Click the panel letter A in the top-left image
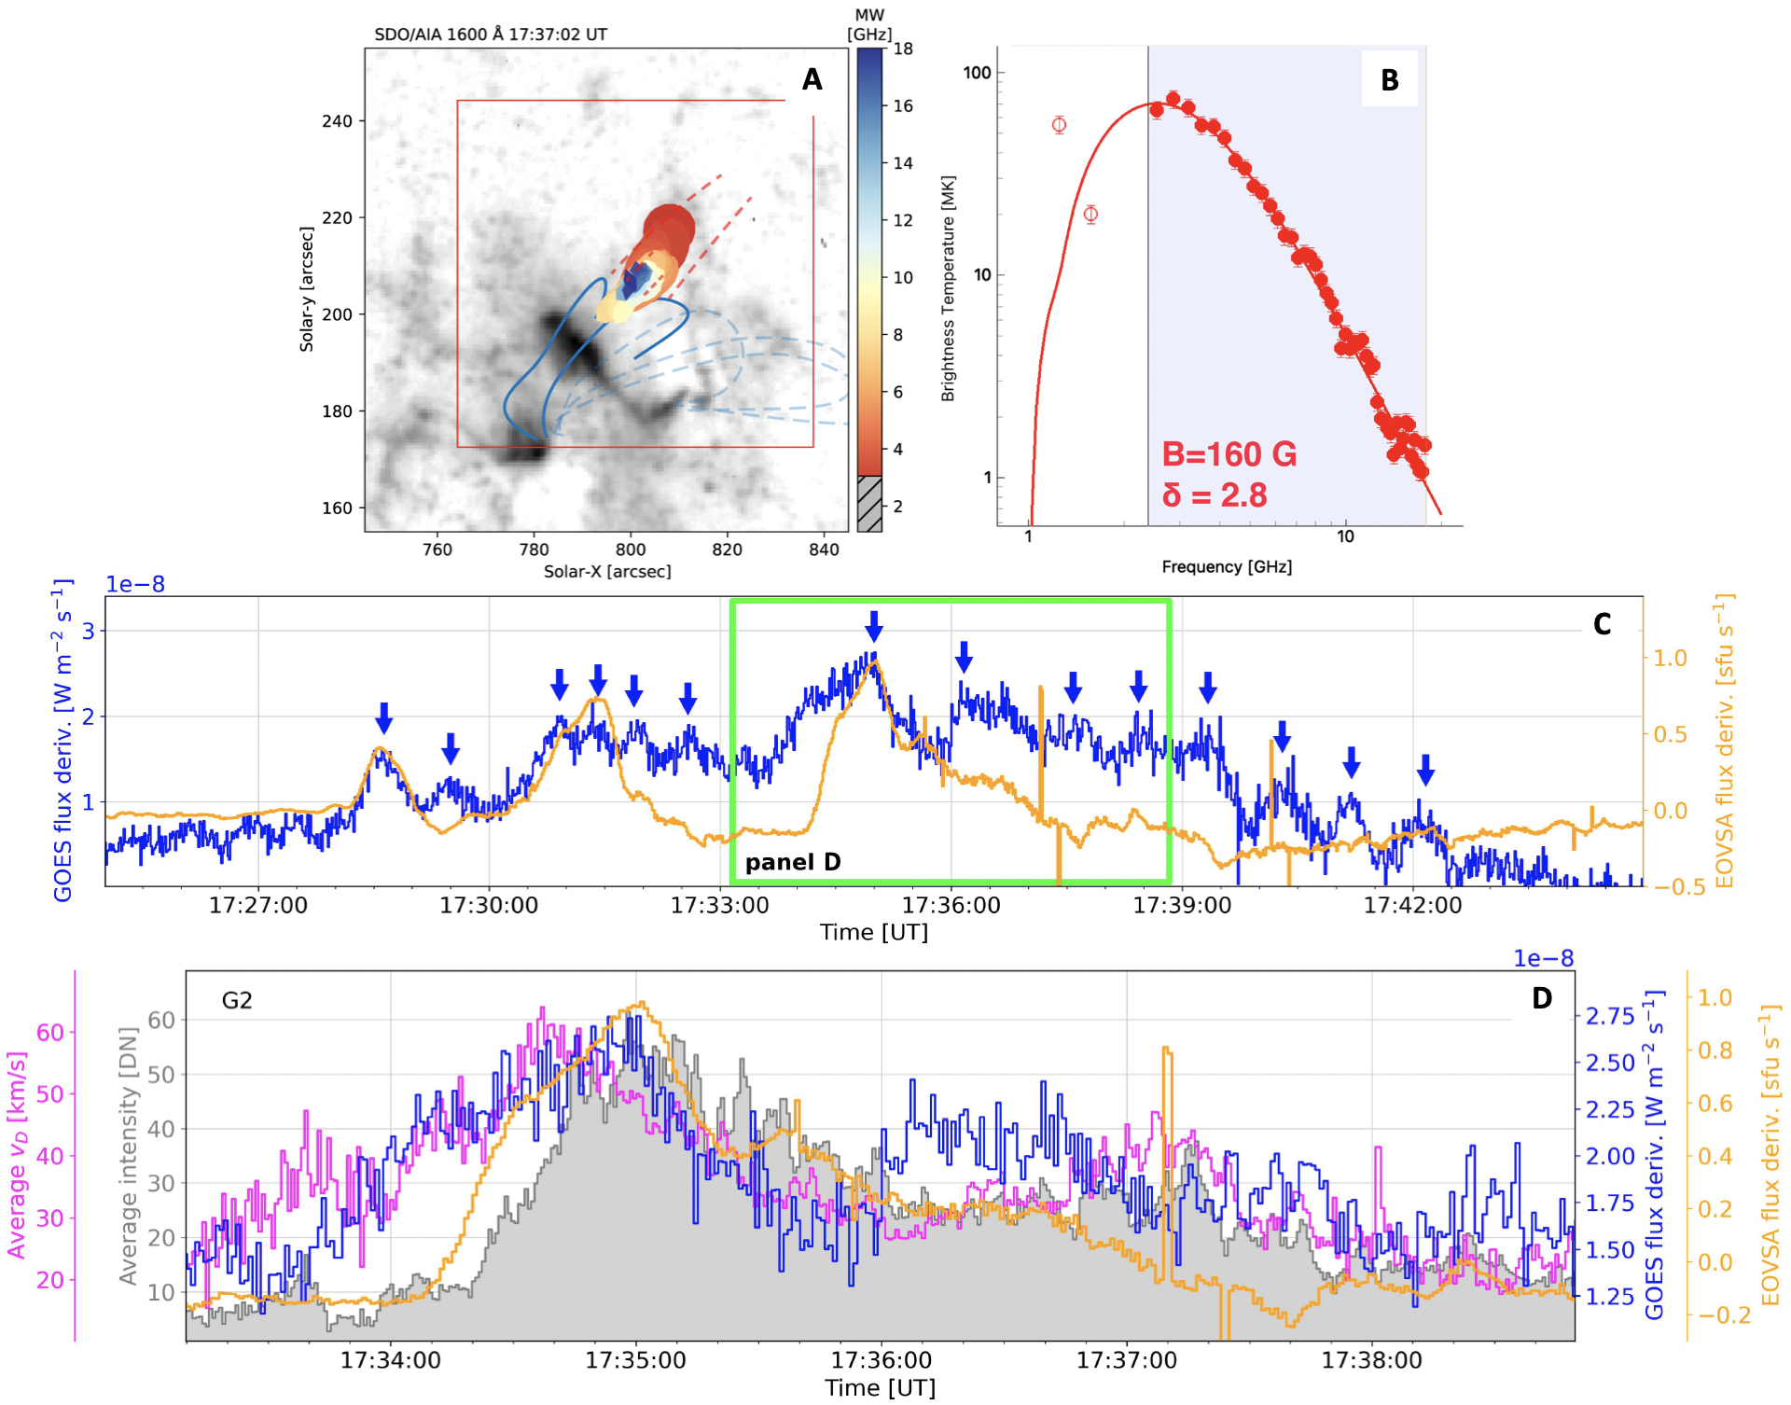(x=812, y=80)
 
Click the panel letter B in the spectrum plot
(x=1389, y=81)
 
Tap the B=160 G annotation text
(x=1229, y=454)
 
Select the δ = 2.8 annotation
(x=1214, y=494)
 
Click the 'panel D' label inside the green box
(x=792, y=862)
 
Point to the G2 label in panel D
(x=237, y=1001)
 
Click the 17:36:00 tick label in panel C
(x=951, y=905)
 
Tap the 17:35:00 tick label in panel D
(x=635, y=1360)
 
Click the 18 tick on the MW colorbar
(x=903, y=49)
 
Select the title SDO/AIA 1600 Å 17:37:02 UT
(x=491, y=35)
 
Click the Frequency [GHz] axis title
(x=1226, y=567)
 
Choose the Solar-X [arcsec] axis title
(x=607, y=572)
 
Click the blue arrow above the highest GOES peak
(x=873, y=626)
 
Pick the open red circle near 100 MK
(x=1059, y=125)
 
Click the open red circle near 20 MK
(x=1090, y=215)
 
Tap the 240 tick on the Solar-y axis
(x=337, y=121)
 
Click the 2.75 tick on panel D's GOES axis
(x=1610, y=1017)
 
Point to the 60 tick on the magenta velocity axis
(x=50, y=1033)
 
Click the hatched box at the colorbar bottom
(x=869, y=504)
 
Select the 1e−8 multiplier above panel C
(x=135, y=584)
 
